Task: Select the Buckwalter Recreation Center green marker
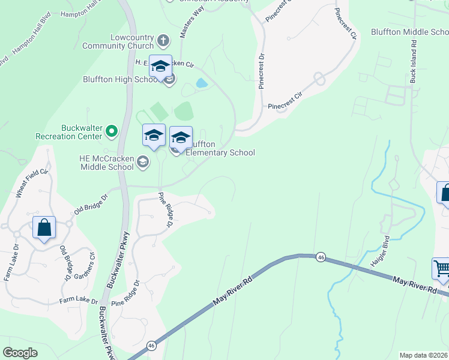pos(111,130)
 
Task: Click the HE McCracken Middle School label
pos(106,162)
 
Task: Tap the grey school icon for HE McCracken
pos(143,161)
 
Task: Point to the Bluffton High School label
pos(121,79)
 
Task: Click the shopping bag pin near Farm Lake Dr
pos(44,228)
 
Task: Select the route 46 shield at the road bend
pos(321,256)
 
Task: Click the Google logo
pos(20,353)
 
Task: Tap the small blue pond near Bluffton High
pos(202,83)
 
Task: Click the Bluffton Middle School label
pos(409,32)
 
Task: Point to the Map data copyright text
pos(423,355)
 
